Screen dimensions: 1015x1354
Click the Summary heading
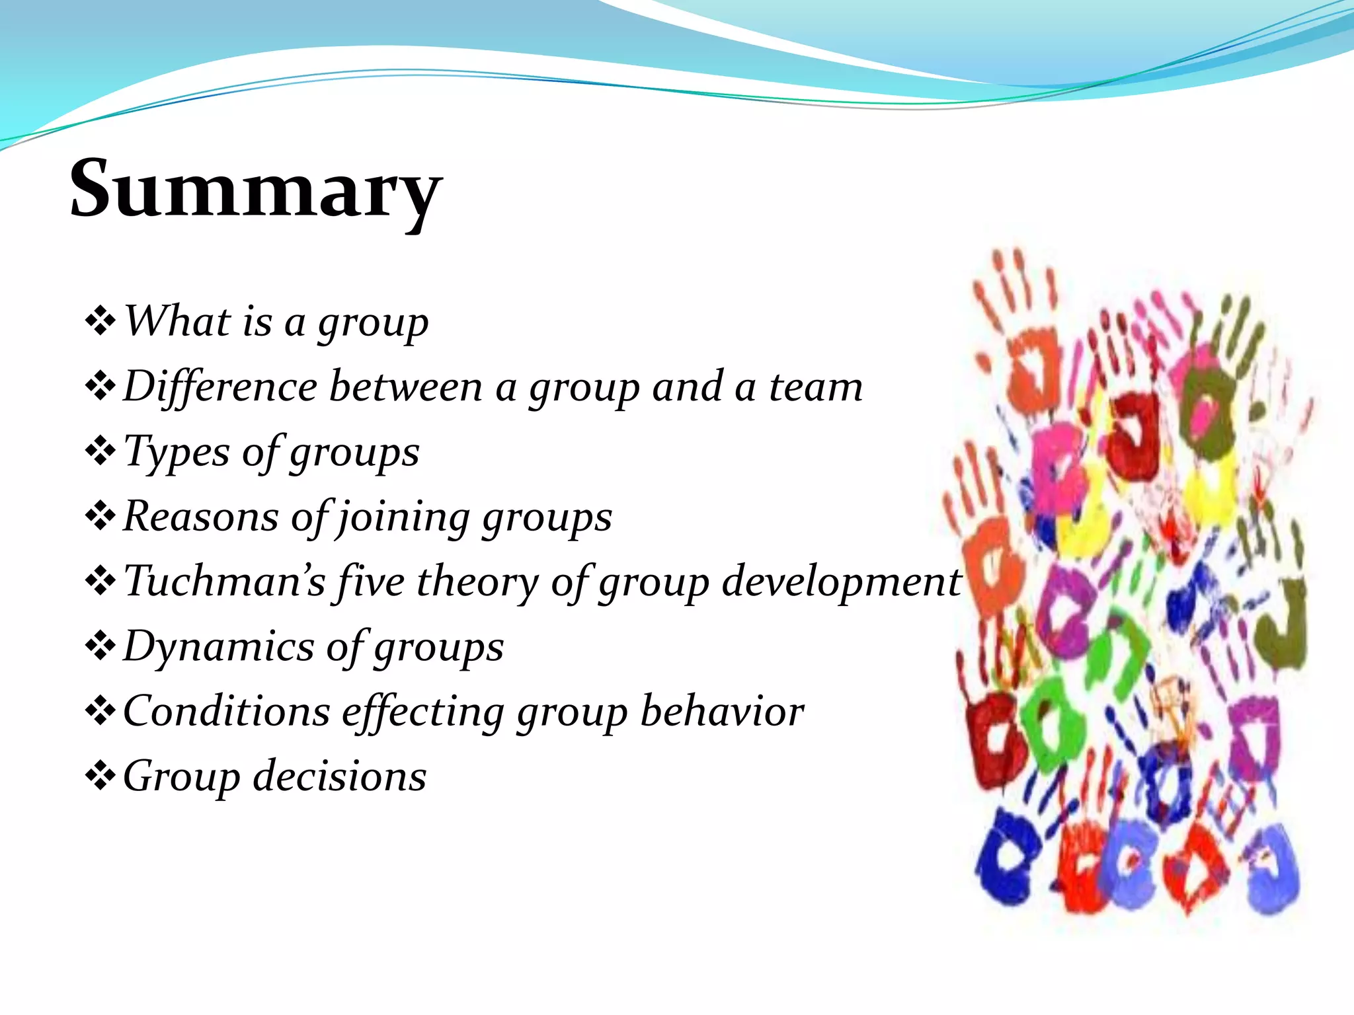[255, 190]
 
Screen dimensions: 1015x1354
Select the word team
[816, 387]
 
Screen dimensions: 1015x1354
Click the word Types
[177, 453]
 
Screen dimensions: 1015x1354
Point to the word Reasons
[200, 517]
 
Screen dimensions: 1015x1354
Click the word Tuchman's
[224, 582]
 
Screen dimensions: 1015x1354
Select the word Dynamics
[218, 647]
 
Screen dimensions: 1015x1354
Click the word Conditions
[226, 712]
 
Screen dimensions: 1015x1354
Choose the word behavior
[722, 712]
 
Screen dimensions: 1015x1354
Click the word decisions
[340, 776]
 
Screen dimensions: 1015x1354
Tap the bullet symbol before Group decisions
[100, 776]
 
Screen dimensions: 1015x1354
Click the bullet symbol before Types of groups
[100, 452]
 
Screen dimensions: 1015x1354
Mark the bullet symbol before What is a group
[100, 321]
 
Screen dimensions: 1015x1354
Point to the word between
[405, 387]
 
